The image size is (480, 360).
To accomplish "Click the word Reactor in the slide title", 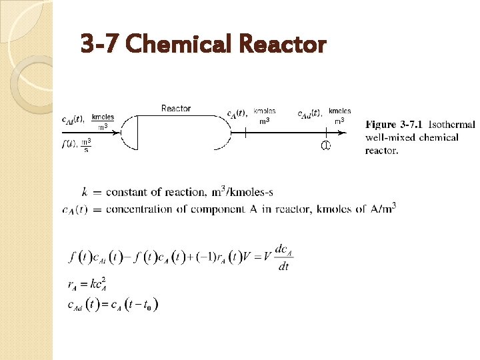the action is [281, 45].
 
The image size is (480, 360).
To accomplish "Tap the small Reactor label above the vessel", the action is [176, 108].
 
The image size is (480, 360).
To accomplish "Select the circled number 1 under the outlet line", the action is [326, 146].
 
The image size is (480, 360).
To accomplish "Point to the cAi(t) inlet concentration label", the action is [73, 119].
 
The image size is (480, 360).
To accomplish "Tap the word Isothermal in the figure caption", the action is [452, 125].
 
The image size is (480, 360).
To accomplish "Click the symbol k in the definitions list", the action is [84, 192].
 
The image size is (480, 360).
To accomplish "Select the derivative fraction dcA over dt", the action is [283, 257].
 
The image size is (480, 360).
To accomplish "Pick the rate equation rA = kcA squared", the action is [89, 285].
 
